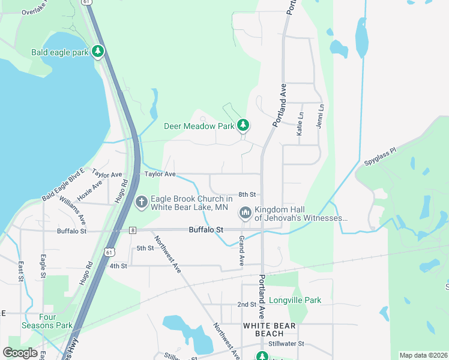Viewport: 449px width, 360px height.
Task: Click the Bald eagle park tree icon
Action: [98, 52]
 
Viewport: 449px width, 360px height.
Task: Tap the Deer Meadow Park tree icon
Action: [243, 126]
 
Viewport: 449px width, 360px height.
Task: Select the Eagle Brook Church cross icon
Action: [141, 202]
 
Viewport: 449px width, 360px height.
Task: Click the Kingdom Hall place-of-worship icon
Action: [245, 213]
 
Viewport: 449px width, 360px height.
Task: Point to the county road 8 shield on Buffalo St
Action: [132, 230]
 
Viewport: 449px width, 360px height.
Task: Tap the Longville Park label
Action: [295, 300]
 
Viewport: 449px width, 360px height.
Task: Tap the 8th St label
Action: [247, 194]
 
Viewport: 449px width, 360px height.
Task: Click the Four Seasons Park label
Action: [56, 321]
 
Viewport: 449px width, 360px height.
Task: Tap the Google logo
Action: [20, 353]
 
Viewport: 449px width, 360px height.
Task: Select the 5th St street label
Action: [145, 248]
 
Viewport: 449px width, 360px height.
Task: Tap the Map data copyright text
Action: [423, 355]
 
